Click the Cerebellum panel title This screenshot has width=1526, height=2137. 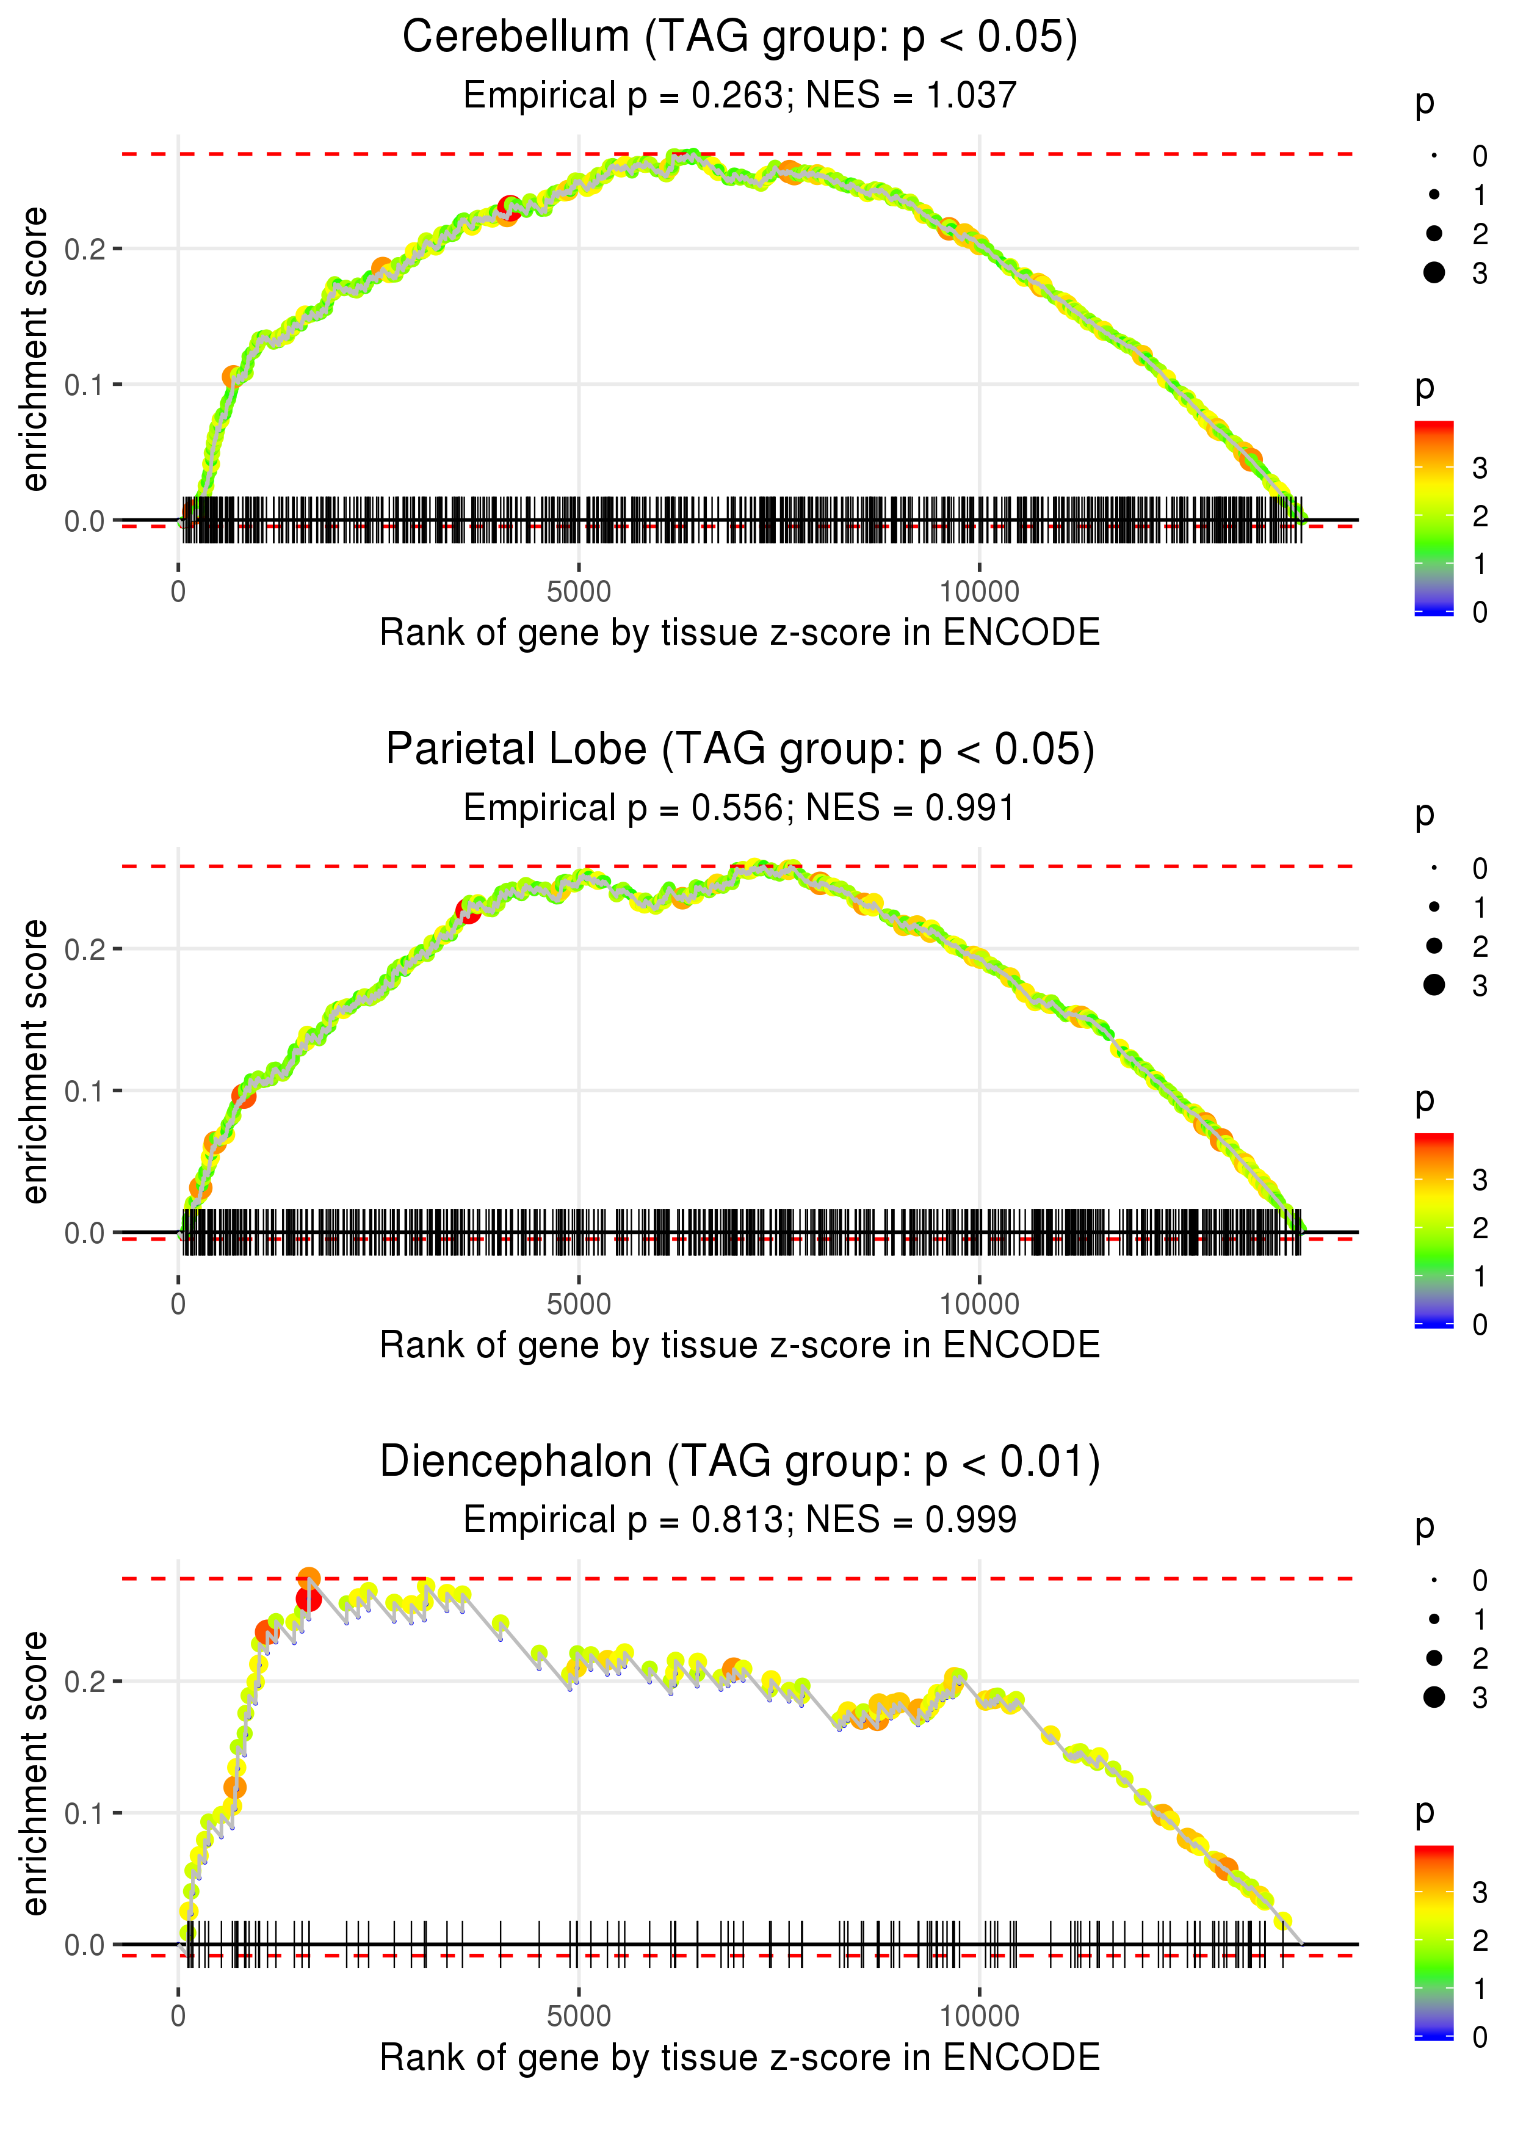pyautogui.click(x=740, y=38)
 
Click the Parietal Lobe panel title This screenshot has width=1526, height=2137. pyautogui.click(x=740, y=750)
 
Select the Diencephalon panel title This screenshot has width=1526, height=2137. pyautogui.click(x=740, y=1462)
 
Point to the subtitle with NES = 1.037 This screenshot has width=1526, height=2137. pyautogui.click(x=740, y=96)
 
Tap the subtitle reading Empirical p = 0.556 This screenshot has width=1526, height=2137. pyautogui.click(x=740, y=808)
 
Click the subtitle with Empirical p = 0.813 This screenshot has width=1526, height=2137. pyautogui.click(x=740, y=1520)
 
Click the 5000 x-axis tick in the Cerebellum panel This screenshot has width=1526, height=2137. pyautogui.click(x=579, y=592)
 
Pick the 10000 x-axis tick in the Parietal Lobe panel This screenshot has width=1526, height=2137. pyautogui.click(x=979, y=1304)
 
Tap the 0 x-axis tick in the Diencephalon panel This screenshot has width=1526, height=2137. pyautogui.click(x=178, y=2017)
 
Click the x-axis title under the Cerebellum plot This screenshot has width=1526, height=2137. pyautogui.click(x=740, y=633)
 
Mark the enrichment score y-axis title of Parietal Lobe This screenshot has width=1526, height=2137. pyautogui.click(x=35, y=1062)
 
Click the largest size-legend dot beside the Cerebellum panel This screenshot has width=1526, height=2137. pyautogui.click(x=1434, y=272)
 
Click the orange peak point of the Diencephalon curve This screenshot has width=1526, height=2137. pyautogui.click(x=309, y=1579)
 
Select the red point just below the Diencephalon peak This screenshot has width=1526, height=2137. pyautogui.click(x=308, y=1600)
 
